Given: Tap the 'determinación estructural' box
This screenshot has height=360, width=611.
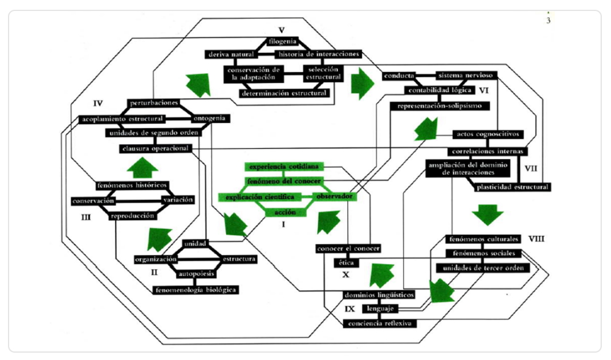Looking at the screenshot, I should pyautogui.click(x=285, y=94).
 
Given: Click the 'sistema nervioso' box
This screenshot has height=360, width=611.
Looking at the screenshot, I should pyautogui.click(x=466, y=75).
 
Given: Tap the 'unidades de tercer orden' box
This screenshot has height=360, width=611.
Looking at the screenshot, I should pyautogui.click(x=483, y=268).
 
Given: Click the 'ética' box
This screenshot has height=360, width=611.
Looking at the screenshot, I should pyautogui.click(x=343, y=263).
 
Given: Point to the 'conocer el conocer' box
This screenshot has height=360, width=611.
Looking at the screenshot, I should pyautogui.click(x=348, y=249).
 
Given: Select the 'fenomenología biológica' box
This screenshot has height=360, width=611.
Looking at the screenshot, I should pyautogui.click(x=196, y=289).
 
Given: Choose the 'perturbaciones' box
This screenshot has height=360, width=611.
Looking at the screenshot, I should pyautogui.click(x=153, y=103).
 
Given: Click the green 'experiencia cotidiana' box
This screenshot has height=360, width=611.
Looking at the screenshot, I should pyautogui.click(x=282, y=166).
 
